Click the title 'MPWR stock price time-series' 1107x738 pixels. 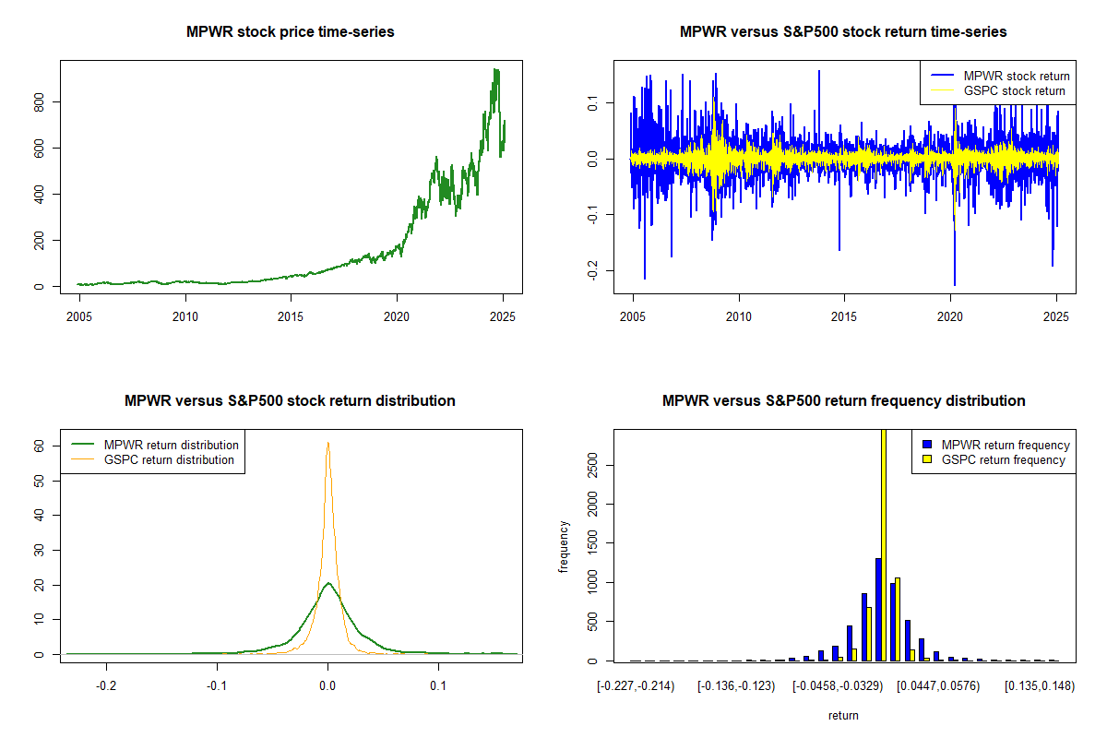pos(290,31)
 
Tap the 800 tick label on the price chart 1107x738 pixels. pos(39,102)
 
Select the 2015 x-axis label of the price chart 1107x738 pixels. pos(291,316)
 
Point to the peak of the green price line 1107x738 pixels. pos(495,70)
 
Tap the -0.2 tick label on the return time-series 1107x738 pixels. pos(592,271)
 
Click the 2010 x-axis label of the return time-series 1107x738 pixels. pos(739,316)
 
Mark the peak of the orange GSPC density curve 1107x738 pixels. pos(328,443)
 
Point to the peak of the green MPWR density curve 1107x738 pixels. pos(328,583)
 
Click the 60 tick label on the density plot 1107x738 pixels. pos(39,446)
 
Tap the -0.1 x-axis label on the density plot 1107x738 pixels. pos(217,686)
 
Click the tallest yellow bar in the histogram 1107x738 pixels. pos(884,544)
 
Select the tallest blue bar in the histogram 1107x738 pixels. pos(878,610)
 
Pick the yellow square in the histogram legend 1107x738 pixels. pos(927,459)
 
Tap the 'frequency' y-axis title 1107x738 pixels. pos(564,547)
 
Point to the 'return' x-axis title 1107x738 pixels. pos(843,716)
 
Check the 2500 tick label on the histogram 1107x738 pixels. pos(592,466)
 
